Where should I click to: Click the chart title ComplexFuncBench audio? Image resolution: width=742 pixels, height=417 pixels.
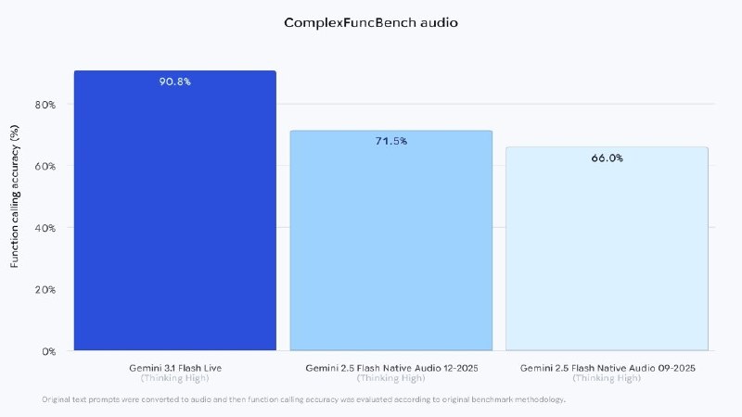370,22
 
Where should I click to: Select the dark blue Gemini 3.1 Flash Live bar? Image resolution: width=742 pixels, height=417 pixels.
175,213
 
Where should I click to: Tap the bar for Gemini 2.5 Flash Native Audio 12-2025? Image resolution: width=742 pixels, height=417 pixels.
391,241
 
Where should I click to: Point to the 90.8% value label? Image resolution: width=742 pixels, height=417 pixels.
175,82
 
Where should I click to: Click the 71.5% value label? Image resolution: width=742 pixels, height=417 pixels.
391,141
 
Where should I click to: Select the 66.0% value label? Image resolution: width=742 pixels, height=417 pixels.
607,158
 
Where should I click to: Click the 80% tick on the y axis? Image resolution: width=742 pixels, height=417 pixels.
45,105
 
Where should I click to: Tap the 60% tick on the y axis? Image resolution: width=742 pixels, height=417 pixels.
45,166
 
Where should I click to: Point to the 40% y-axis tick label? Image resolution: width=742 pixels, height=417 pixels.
45,228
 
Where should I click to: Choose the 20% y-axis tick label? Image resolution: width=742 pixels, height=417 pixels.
45,289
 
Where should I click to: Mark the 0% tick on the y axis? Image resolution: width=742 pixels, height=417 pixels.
48,351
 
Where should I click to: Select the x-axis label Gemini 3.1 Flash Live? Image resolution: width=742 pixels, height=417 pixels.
175,367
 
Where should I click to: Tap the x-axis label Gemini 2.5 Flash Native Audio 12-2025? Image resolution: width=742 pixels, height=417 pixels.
391,367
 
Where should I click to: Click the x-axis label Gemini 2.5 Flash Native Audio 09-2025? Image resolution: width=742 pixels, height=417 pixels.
607,367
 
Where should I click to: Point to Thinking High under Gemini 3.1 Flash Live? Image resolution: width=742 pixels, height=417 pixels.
175,378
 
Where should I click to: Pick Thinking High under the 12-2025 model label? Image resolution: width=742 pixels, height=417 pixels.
391,378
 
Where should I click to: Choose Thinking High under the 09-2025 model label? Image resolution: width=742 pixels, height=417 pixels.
607,378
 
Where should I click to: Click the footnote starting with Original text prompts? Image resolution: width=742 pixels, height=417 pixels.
303,399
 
